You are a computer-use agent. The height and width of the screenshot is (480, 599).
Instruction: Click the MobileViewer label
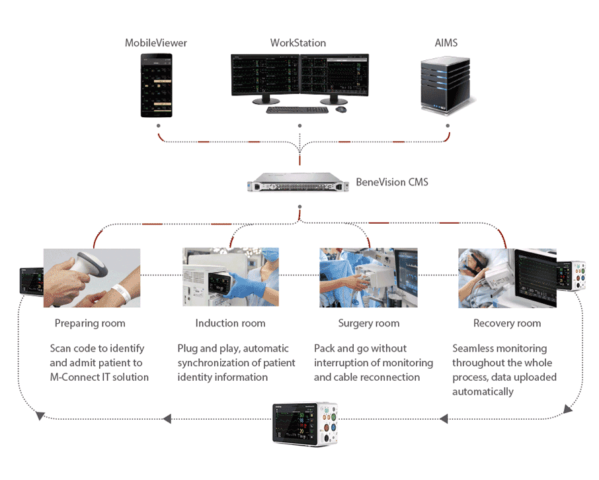coord(156,43)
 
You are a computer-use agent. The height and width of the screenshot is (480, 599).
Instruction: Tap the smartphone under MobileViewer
coord(157,85)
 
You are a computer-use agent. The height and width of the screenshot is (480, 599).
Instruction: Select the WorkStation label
coord(298,43)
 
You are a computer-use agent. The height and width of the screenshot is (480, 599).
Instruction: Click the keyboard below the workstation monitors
coord(298,109)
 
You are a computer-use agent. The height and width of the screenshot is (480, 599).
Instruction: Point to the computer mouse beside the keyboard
coord(341,109)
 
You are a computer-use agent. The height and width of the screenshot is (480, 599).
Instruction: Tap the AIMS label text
coord(446,43)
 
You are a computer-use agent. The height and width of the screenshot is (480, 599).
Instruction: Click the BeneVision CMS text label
coord(392,182)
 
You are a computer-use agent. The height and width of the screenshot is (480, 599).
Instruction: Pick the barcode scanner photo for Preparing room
coord(92,277)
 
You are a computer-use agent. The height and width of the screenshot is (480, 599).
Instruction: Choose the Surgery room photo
coord(368,277)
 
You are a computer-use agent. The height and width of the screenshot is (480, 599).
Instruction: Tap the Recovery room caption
coord(507,324)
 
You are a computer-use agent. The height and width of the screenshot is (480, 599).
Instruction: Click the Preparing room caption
coord(90,324)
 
